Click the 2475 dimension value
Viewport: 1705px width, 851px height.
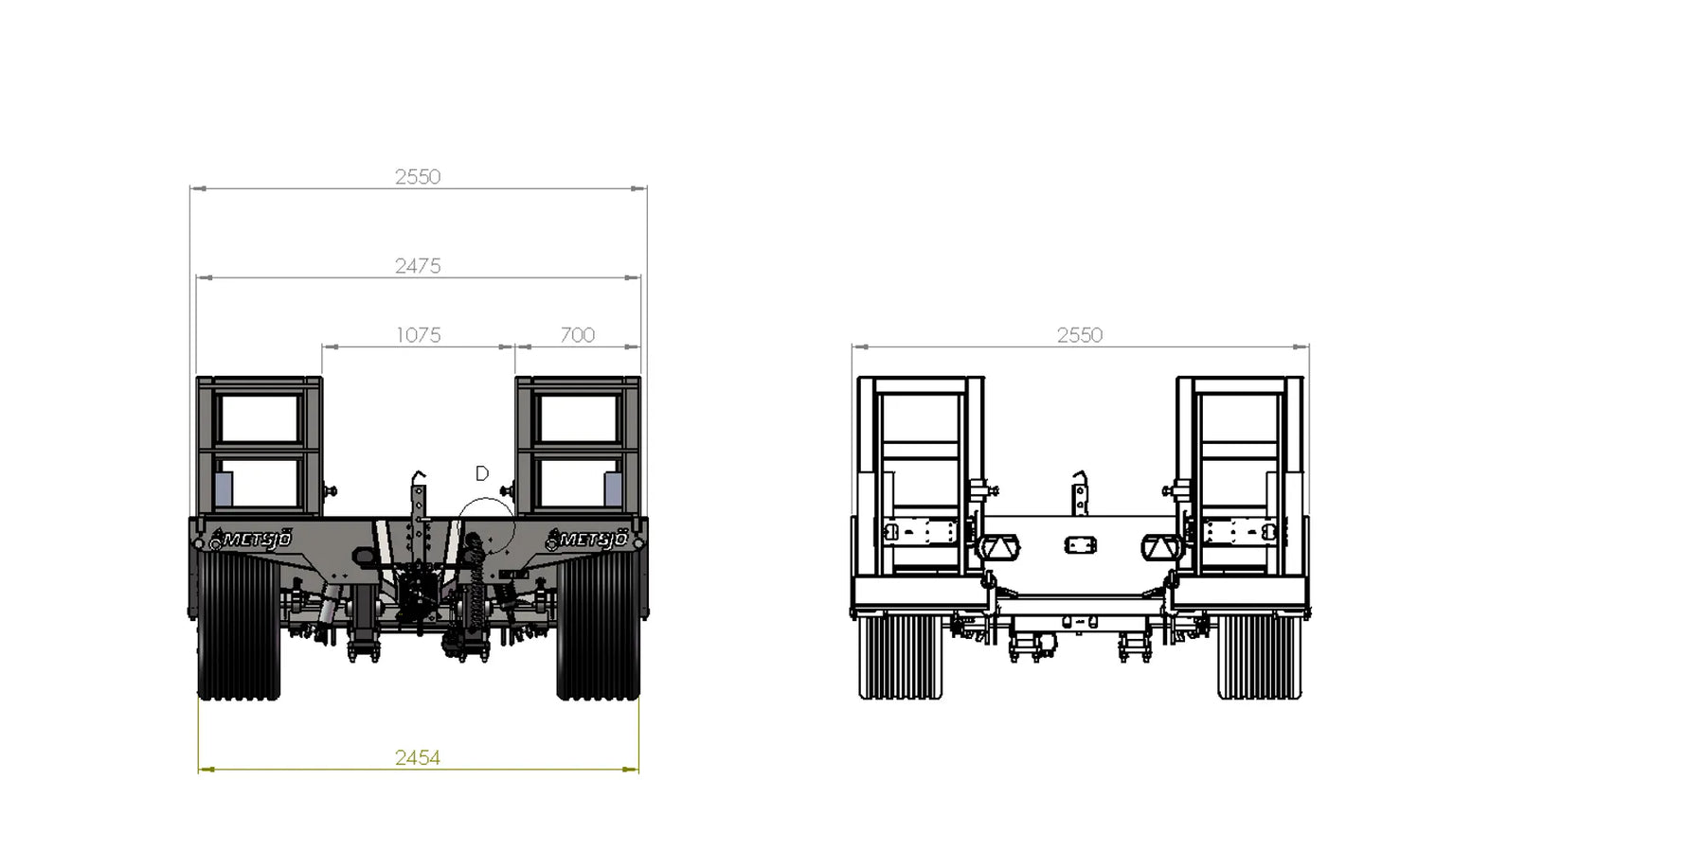click(x=418, y=266)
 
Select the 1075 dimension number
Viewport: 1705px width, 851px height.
click(x=418, y=335)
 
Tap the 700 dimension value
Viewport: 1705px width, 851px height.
click(x=577, y=335)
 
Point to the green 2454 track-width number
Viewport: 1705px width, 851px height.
click(x=418, y=757)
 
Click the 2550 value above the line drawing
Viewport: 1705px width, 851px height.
click(x=1080, y=335)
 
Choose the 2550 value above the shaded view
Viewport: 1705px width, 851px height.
click(x=418, y=177)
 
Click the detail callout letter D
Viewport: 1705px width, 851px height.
click(x=482, y=473)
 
